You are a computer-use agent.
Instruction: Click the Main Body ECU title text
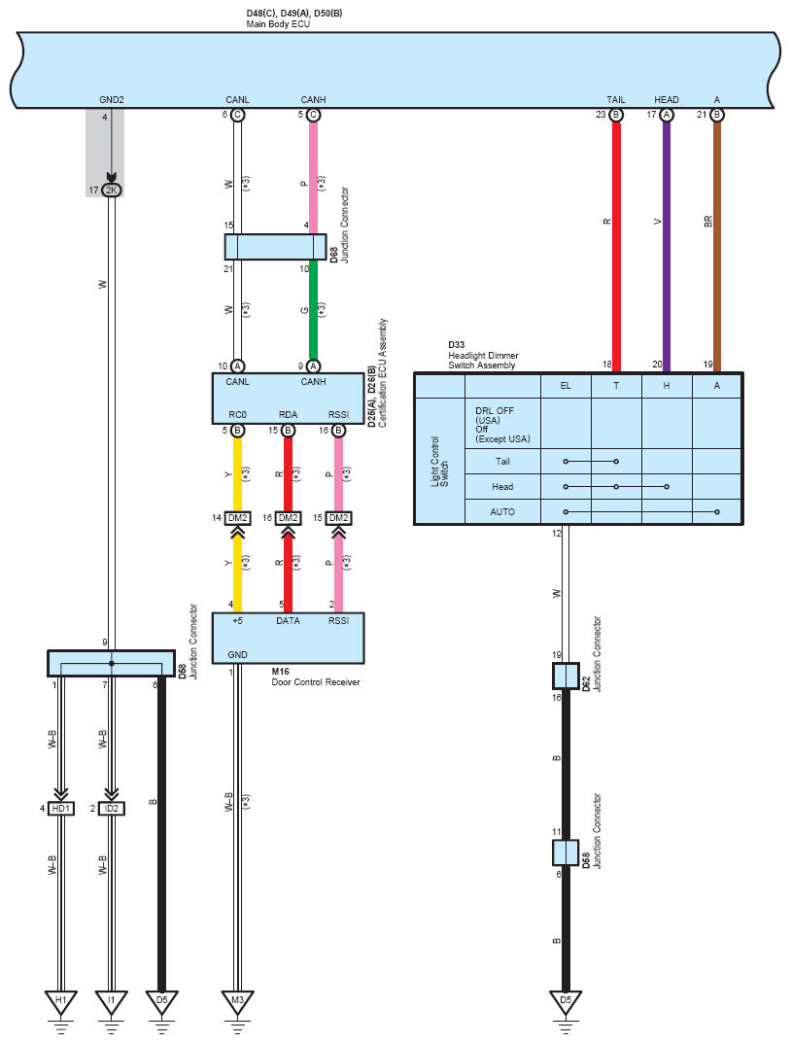278,24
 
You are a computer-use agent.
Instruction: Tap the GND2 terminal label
112,100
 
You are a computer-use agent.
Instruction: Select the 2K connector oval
112,191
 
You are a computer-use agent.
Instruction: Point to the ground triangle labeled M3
237,1000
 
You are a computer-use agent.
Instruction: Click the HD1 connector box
61,808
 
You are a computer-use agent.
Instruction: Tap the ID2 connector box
112,808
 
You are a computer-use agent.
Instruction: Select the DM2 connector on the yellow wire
237,517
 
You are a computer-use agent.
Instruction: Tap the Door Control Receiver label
316,681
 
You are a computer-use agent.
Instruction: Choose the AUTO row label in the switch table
502,511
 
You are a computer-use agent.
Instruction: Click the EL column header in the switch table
566,386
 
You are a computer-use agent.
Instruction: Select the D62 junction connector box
566,676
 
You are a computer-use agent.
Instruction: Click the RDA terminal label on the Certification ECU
288,414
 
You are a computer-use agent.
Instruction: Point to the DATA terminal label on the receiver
288,620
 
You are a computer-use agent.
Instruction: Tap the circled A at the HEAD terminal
667,115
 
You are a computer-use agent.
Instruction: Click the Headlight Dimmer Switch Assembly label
483,361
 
